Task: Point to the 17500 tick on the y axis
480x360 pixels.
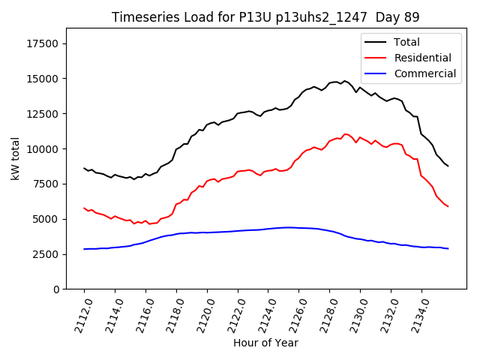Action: pos(43,43)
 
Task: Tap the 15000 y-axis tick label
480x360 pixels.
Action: pos(43,79)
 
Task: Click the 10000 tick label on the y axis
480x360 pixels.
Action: pos(43,148)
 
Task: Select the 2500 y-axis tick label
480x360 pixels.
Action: pos(46,254)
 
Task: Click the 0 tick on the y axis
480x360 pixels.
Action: pos(56,289)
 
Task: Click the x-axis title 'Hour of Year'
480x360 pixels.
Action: pos(265,343)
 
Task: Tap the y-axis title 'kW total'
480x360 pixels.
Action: pos(15,158)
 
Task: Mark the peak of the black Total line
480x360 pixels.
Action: pos(345,80)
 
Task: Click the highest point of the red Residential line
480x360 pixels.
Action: pos(345,134)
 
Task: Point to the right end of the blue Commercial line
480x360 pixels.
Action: pos(448,248)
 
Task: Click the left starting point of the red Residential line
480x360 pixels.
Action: pos(84,208)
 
